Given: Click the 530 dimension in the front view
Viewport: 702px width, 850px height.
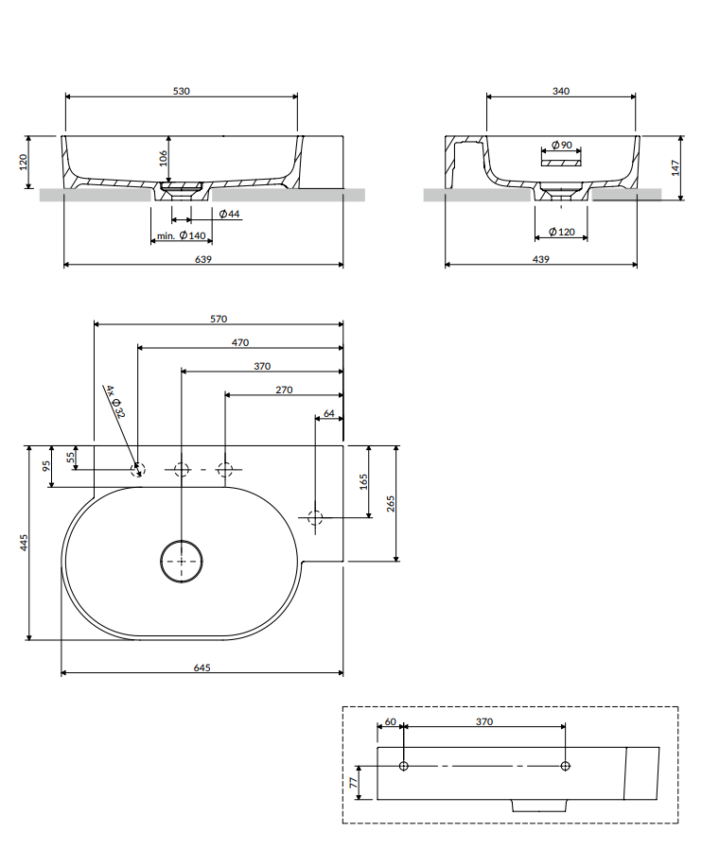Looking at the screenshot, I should (x=182, y=91).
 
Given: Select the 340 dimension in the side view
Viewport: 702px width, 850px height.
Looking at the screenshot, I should (x=560, y=91).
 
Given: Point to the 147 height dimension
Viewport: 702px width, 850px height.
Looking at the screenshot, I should (x=676, y=167).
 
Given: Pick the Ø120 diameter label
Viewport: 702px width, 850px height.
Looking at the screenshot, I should (x=561, y=232).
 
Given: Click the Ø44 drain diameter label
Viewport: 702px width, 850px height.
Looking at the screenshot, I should (x=229, y=215).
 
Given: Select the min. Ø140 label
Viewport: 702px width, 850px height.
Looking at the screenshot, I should (x=182, y=236).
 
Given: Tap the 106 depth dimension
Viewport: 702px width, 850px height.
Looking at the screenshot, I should (x=163, y=157).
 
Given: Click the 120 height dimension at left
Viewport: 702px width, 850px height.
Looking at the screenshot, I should (x=24, y=162).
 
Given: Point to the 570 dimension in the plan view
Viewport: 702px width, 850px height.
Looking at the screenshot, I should (x=219, y=320).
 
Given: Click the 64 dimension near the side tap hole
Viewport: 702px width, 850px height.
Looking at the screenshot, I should (x=328, y=413).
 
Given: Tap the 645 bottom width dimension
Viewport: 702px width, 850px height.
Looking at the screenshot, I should (x=202, y=668).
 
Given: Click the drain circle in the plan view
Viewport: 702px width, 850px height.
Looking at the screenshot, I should (x=181, y=561).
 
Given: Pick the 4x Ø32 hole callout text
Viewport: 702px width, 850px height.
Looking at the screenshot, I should (x=114, y=402).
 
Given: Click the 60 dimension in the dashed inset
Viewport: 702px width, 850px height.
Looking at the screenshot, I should (x=391, y=721).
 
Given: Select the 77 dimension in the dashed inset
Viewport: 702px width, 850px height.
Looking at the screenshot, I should (x=354, y=782).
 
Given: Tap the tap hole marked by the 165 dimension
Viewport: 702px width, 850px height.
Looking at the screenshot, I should (x=316, y=517).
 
